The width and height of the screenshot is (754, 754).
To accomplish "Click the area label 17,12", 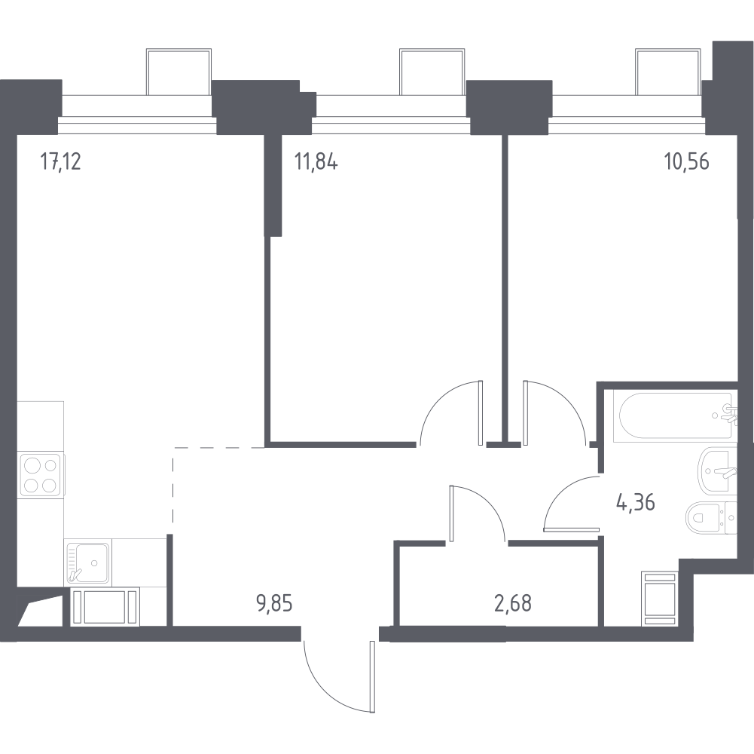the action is [60, 161].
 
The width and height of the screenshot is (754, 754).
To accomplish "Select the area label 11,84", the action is [316, 161].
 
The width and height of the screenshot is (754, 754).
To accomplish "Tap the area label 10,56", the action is [687, 161].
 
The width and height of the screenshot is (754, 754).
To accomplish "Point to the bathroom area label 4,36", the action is [635, 503].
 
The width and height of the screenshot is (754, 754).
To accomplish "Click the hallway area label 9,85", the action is [275, 602].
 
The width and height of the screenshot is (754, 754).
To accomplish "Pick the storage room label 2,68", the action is [513, 602].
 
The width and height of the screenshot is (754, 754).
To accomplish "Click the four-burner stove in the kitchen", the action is [41, 475].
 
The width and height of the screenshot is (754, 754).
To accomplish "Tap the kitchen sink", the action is [87, 562].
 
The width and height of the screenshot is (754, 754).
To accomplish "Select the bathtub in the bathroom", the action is [675, 415].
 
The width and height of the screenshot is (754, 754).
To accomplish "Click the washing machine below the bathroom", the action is [660, 599].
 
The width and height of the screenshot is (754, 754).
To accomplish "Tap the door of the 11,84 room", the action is [450, 412].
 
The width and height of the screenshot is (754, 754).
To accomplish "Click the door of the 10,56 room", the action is [554, 412].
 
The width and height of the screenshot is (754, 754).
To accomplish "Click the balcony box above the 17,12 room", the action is [179, 72].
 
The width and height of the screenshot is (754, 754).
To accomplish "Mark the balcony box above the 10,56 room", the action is [668, 72].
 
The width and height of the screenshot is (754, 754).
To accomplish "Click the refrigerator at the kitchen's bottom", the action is [105, 607].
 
